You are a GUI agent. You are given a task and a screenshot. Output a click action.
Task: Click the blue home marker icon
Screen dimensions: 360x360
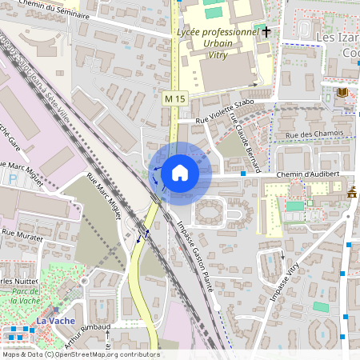tap(179, 173)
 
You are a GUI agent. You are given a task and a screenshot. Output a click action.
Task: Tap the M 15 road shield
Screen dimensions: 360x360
tap(174, 98)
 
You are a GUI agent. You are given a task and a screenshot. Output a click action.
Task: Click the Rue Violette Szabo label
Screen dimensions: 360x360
tap(226, 109)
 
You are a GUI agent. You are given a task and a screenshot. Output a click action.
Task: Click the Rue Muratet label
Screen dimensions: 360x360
tap(21, 232)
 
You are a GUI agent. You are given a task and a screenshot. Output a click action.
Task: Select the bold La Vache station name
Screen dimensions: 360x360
tap(55, 320)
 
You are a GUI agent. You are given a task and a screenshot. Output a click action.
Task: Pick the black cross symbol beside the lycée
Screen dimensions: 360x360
tap(266, 31)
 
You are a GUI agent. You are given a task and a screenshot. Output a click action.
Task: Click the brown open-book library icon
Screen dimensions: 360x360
tap(343, 94)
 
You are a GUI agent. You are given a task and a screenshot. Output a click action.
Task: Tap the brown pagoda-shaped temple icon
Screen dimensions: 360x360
tap(352, 192)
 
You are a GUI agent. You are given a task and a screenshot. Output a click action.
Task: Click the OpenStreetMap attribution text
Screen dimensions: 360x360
tap(80, 354)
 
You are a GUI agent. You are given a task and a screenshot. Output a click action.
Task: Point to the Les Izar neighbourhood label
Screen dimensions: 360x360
tap(338, 38)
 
